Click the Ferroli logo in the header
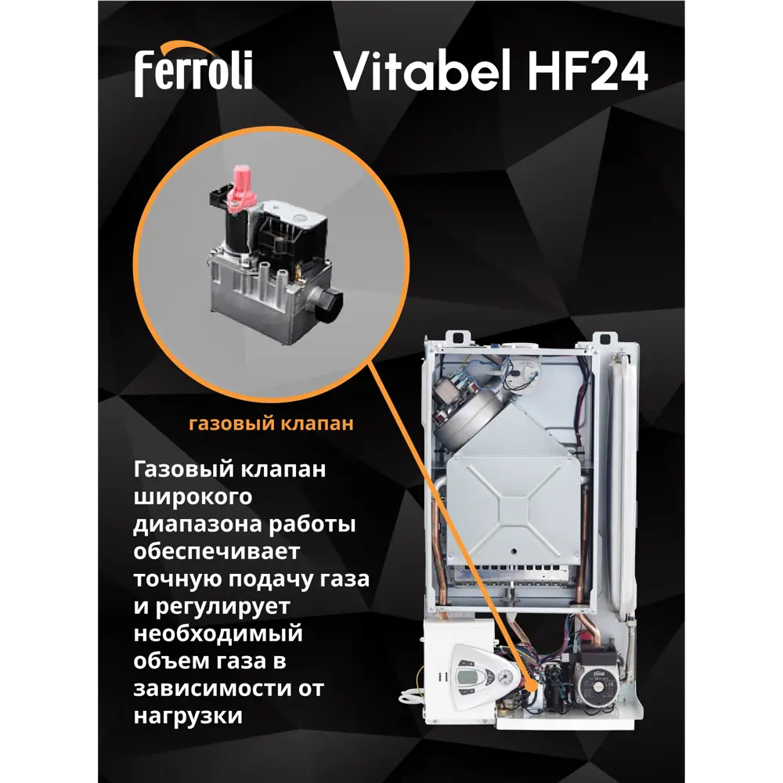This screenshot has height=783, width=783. (193, 71)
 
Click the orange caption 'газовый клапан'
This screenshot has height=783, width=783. (271, 424)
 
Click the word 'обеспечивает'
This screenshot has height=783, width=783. (217, 553)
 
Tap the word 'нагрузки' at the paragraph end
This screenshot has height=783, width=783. (188, 717)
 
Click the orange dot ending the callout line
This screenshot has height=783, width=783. (535, 684)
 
